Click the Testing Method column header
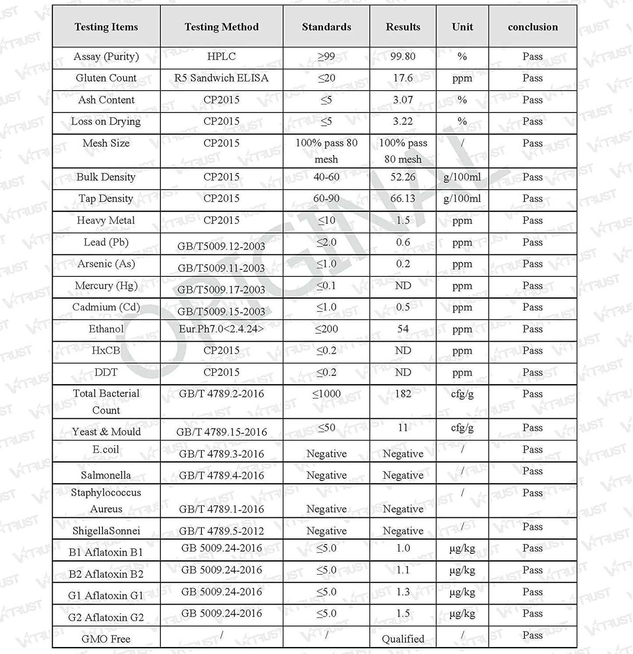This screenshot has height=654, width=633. click(221, 27)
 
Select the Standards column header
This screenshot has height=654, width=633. click(326, 27)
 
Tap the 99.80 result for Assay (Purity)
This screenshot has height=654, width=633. click(403, 57)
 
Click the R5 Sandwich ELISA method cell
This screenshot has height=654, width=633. click(221, 78)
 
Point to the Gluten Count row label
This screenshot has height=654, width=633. click(106, 78)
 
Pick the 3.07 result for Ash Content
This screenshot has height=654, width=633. click(403, 100)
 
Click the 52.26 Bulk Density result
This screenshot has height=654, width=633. click(403, 177)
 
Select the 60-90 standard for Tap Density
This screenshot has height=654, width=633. click(326, 198)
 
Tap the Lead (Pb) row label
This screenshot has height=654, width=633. click(106, 242)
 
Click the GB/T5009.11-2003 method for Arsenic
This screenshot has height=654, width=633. click(221, 268)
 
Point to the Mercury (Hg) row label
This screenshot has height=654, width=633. click(106, 286)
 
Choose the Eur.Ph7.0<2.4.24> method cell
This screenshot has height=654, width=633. click(221, 329)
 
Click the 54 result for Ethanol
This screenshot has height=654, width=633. click(403, 329)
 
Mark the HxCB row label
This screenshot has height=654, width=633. click(106, 350)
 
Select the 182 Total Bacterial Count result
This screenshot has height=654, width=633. click(403, 394)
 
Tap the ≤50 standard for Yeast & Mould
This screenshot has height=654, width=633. click(326, 428)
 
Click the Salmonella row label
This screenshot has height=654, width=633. click(106, 475)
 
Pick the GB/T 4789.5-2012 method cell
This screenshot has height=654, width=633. click(221, 531)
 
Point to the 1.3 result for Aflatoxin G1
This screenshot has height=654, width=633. click(403, 592)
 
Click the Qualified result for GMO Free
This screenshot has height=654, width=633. click(403, 639)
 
